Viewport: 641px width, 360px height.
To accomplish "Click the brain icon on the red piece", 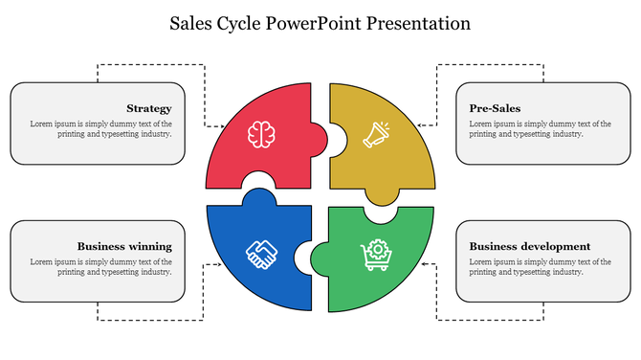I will (x=261, y=134).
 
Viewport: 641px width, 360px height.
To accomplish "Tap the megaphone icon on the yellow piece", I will (x=376, y=134).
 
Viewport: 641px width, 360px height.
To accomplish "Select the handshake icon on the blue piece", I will (x=261, y=254).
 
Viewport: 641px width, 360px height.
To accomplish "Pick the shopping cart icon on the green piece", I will (x=376, y=254).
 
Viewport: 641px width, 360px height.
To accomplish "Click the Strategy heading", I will (x=148, y=108).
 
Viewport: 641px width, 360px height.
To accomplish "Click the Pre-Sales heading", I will (x=495, y=108).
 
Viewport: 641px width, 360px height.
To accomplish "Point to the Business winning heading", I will (x=124, y=246).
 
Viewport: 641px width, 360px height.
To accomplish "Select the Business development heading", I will (x=529, y=246).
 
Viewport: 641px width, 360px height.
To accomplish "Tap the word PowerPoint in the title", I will (x=329, y=22).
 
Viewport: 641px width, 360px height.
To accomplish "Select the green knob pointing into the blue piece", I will (x=305, y=257).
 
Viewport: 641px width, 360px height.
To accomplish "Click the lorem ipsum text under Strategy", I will (x=100, y=129).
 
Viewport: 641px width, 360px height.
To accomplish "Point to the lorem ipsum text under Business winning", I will (x=100, y=266).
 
